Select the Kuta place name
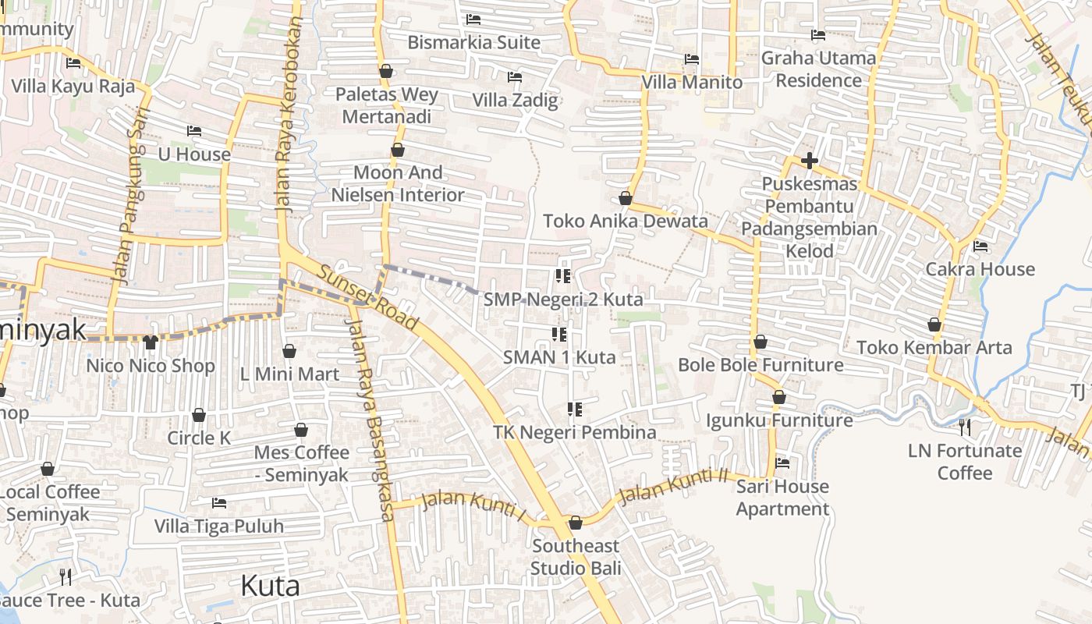[270, 585]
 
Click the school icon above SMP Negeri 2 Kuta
[563, 275]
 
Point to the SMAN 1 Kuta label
[559, 357]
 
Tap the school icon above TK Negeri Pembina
[575, 409]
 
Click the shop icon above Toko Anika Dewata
[625, 198]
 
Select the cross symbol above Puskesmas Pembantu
[809, 161]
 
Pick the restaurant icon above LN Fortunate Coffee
[965, 427]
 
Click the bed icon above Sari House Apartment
[782, 463]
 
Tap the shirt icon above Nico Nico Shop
[151, 342]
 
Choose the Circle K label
[199, 438]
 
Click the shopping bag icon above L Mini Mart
[289, 351]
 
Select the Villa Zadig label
[515, 100]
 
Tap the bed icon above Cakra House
[980, 246]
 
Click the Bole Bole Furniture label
[760, 364]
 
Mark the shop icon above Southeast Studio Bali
[576, 523]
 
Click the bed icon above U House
[194, 131]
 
